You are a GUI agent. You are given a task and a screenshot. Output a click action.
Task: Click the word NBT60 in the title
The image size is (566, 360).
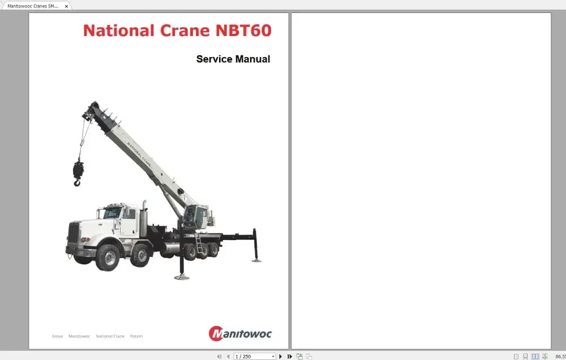[x=243, y=31]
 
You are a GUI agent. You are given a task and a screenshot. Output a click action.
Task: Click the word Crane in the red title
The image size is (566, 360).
[x=183, y=31]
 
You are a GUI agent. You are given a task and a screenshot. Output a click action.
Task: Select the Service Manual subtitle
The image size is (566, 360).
[x=233, y=59]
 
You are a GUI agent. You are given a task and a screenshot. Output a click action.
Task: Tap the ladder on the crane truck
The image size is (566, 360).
[x=199, y=243]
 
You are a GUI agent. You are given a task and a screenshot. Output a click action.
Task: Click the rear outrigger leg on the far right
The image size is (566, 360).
[x=256, y=245]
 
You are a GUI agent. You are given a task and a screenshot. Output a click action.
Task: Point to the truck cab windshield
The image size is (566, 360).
[x=112, y=213]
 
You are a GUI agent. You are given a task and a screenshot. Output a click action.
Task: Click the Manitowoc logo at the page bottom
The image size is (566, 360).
[x=240, y=333]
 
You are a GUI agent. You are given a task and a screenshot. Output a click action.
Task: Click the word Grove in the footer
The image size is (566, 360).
[x=57, y=336]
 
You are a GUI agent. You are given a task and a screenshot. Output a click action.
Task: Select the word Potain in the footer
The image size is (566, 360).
[x=136, y=336]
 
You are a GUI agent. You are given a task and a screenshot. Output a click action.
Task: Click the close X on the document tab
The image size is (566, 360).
[x=66, y=6]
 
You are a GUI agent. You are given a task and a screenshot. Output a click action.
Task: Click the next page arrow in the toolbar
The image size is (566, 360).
[x=281, y=356]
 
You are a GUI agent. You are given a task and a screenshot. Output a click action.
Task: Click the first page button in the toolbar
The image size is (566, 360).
[x=219, y=356]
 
